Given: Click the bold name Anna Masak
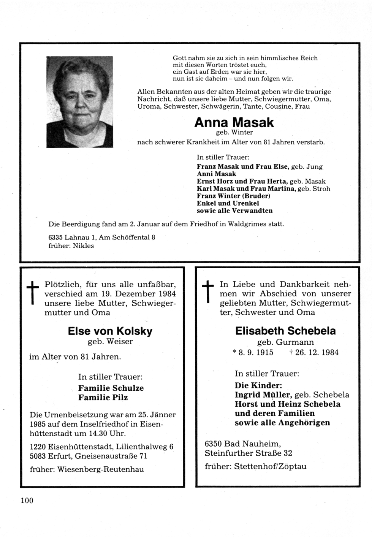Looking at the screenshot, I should [234, 122].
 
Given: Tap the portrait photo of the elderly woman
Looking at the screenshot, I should [80, 101].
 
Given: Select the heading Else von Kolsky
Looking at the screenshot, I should [110, 331].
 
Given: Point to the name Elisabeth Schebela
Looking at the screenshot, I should [285, 331].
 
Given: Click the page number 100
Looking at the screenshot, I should [27, 501].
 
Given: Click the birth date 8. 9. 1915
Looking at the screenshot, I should [255, 352].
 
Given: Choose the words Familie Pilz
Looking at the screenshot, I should [103, 398].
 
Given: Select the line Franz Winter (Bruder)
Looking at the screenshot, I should [233, 196].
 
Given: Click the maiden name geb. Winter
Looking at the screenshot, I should [234, 133].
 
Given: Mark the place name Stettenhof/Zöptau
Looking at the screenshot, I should [271, 466].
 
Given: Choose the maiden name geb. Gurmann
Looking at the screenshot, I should [285, 342].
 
